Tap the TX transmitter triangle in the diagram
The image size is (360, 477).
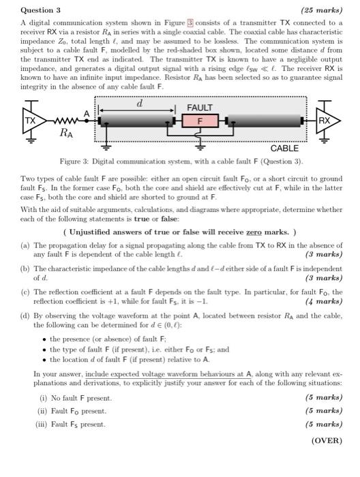tap(31, 120)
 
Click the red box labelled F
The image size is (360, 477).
tap(200, 121)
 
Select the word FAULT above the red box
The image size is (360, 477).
tap(200, 108)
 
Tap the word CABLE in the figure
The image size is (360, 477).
tap(284, 148)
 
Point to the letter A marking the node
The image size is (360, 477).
tap(87, 112)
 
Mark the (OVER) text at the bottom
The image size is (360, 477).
tap(327, 440)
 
